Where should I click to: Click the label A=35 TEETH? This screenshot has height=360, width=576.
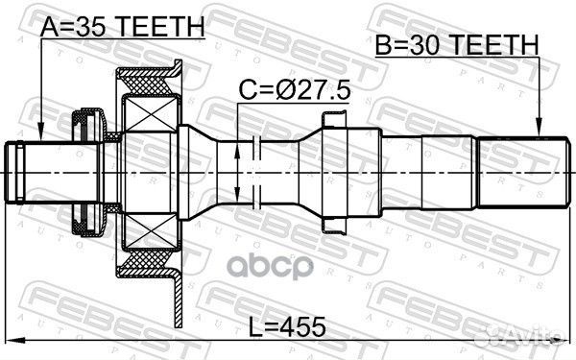[x=122, y=27]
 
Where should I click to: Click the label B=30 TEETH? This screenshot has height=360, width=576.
[x=457, y=44]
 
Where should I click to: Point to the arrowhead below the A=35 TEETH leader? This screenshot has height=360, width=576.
[x=41, y=133]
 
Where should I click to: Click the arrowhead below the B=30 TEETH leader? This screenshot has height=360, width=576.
[x=539, y=128]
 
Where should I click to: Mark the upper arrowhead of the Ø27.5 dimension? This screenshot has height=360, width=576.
[x=237, y=151]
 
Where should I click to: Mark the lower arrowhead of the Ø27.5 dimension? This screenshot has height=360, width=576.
[x=237, y=193]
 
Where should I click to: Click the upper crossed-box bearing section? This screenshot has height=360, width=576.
[x=151, y=113]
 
